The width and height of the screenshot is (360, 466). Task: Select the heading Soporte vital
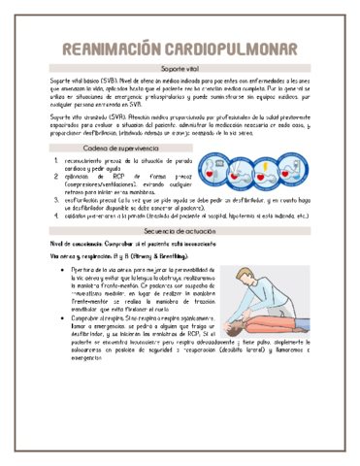pyautogui.click(x=180, y=71)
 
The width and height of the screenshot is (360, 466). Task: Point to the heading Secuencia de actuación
pyautogui.click(x=180, y=235)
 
